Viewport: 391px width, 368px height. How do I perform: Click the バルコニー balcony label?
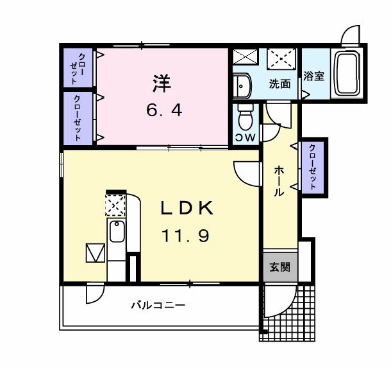click(158, 305)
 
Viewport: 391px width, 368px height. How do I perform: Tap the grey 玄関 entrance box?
click(279, 266)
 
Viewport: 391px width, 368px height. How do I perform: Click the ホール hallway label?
click(280, 180)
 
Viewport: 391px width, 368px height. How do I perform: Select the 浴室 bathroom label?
click(314, 75)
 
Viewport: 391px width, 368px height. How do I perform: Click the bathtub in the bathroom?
click(347, 74)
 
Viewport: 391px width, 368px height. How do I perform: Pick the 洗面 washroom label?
click(279, 83)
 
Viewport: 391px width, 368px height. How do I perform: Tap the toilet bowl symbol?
click(245, 117)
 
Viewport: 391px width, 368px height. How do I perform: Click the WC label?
click(245, 138)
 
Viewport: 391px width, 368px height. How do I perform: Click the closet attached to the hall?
click(312, 167)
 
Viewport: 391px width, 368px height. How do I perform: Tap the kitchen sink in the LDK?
click(116, 231)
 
